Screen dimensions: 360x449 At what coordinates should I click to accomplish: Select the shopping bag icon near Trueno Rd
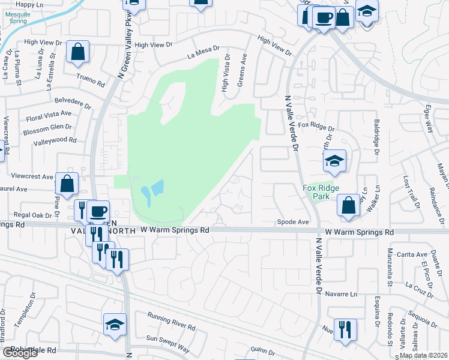click(78, 53)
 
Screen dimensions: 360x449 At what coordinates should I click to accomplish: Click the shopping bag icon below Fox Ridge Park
click(349, 205)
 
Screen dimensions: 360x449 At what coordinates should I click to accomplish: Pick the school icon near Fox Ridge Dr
click(335, 161)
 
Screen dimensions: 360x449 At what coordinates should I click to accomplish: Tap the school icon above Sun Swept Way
click(115, 325)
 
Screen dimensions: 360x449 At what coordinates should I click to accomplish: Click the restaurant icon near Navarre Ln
click(345, 329)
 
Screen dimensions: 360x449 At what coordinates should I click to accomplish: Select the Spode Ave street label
click(293, 222)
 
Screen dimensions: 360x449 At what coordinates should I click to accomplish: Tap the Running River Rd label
click(171, 322)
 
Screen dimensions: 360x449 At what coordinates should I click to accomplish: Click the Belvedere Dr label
click(72, 102)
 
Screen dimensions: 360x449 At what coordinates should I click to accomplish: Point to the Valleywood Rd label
click(55, 141)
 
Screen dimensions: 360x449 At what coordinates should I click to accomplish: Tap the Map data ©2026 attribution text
click(423, 355)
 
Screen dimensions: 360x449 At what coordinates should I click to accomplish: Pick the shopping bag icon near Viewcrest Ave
click(67, 184)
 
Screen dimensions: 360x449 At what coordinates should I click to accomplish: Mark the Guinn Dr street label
click(263, 350)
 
